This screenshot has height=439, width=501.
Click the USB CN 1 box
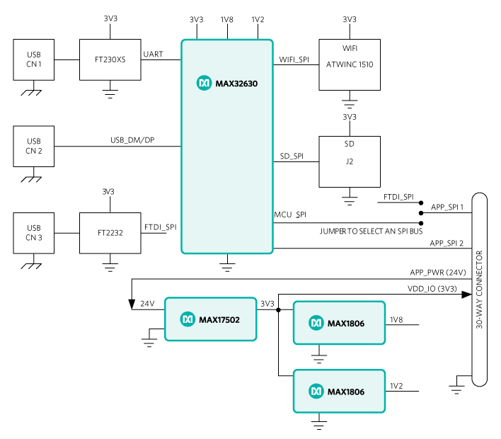point(33,59)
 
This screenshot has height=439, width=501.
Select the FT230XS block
point(110,59)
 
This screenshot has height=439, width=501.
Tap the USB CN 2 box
point(33,147)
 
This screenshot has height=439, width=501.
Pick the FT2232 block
point(110,233)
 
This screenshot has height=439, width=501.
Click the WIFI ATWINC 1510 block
point(350,65)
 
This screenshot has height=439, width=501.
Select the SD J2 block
point(350,161)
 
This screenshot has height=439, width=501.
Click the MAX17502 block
point(211,319)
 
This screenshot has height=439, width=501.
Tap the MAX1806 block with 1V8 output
point(339,323)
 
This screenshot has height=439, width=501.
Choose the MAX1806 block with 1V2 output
point(339,392)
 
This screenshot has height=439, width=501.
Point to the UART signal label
point(153,55)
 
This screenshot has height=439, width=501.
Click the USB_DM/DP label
point(132,140)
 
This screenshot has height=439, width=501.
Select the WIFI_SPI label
point(294,59)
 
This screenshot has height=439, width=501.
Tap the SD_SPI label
point(292,156)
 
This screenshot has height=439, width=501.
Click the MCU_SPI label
point(290,215)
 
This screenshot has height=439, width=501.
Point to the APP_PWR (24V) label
point(438,273)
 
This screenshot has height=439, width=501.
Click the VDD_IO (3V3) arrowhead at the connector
point(467,295)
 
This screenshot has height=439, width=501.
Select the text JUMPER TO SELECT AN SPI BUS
point(371,231)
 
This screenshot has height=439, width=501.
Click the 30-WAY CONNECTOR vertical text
point(479,290)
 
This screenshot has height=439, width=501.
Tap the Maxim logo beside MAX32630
point(204,83)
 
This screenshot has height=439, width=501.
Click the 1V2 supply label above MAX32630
point(258,20)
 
